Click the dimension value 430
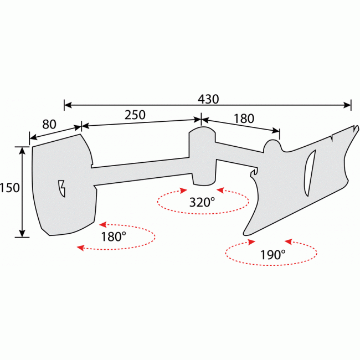click(208, 99)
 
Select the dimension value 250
click(135, 115)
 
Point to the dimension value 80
click(49, 124)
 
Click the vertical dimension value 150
click(10, 188)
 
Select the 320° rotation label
click(202, 202)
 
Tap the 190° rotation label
click(272, 254)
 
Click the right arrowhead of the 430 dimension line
click(348, 104)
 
